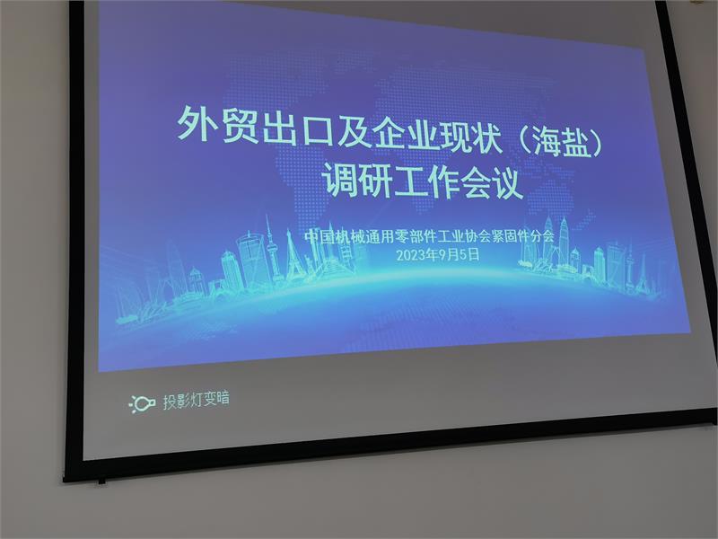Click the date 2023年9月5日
438,255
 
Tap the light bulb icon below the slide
143,403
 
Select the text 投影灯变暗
196,400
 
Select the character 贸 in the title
241,125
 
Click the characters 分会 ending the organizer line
542,236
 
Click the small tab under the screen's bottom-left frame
101,482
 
